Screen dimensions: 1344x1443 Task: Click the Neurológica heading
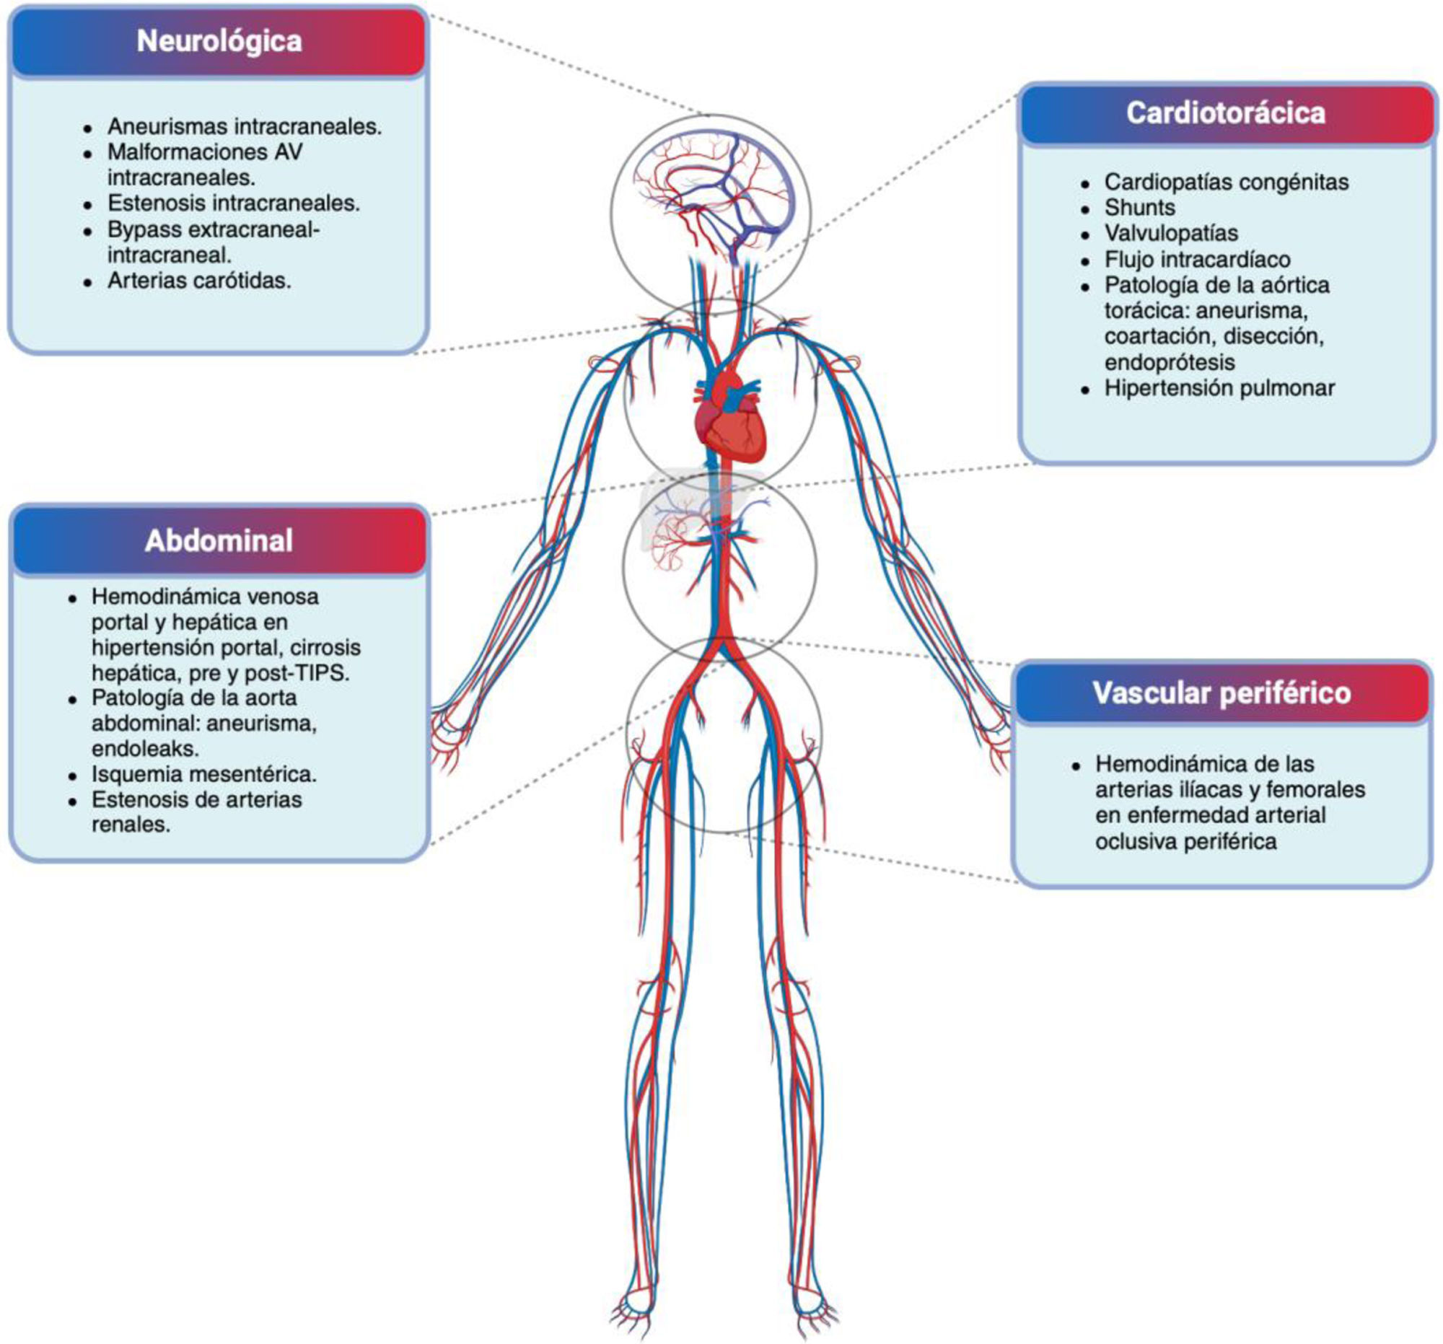[x=219, y=41]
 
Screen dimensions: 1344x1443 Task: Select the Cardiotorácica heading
[x=1225, y=113]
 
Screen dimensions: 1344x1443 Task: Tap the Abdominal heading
[x=219, y=540]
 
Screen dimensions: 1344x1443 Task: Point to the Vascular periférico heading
[x=1221, y=693]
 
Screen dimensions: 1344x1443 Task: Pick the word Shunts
[x=1139, y=208]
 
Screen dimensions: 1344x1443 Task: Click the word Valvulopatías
[x=1171, y=233]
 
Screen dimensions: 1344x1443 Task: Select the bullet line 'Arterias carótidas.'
[x=199, y=281]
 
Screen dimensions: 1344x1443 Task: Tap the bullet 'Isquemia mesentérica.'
[x=204, y=774]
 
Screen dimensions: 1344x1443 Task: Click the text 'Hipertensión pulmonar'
[x=1219, y=388]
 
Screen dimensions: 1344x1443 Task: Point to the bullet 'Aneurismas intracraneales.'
[x=245, y=126]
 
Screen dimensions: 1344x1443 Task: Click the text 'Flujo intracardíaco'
[x=1198, y=259]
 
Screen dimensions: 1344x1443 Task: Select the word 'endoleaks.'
[x=145, y=748]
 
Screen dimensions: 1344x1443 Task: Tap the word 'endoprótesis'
[x=1170, y=362]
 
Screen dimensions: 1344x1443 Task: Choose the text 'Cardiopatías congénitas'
[x=1226, y=181]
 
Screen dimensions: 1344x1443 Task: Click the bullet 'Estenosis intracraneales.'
[x=234, y=203]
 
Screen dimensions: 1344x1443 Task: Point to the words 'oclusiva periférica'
[x=1185, y=841]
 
